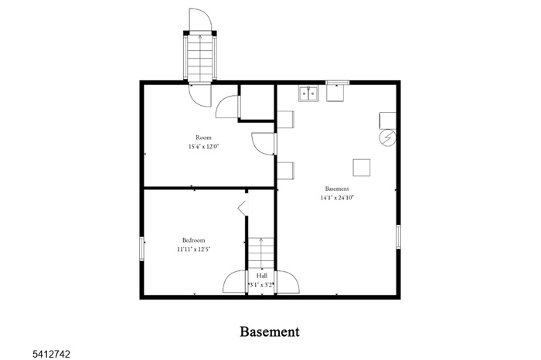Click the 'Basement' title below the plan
270,331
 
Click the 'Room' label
202,138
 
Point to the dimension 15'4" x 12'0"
203,147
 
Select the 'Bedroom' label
193,240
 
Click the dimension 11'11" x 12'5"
193,250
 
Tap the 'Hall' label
261,275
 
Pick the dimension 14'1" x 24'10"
337,198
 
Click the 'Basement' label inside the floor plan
337,188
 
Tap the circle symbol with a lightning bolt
386,138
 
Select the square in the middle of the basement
361,167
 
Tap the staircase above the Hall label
261,252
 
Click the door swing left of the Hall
235,280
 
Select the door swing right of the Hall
287,280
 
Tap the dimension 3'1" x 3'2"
261,284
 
